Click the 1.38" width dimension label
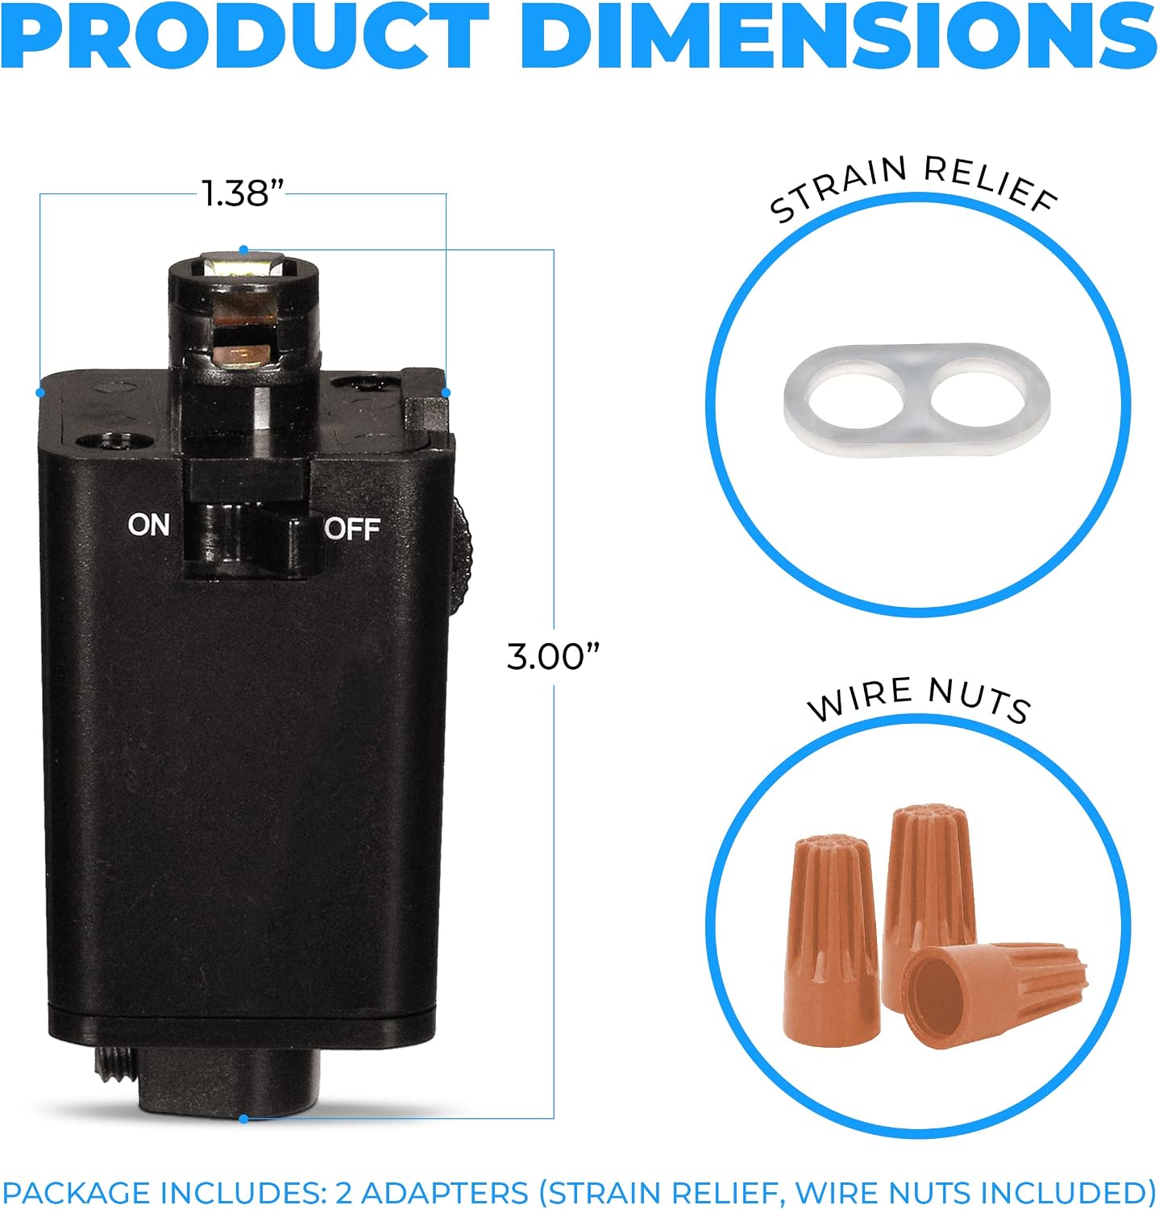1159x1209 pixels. pos(243,193)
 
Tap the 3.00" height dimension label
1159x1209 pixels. pos(554,655)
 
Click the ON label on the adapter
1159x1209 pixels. pos(148,525)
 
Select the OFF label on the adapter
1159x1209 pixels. pos(352,529)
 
